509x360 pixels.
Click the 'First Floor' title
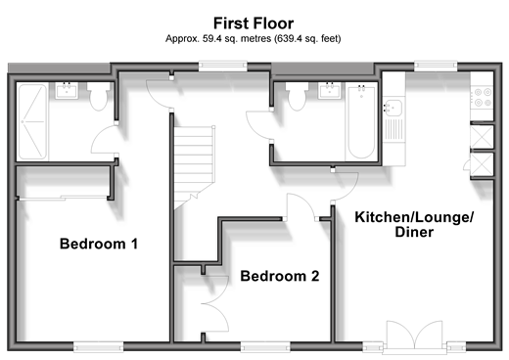tap(254, 23)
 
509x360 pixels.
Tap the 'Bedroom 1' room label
tap(99, 244)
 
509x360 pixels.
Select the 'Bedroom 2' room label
tap(280, 276)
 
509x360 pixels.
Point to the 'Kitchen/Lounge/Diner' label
tap(414, 224)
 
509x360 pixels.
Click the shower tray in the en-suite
tap(32, 121)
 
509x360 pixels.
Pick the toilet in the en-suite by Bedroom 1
tap(98, 96)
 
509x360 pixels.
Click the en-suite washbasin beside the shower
tap(67, 91)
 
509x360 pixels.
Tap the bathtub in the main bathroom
tap(361, 121)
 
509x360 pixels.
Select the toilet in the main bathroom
tap(297, 96)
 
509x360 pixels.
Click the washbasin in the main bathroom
tap(330, 91)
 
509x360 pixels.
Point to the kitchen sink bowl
tap(393, 108)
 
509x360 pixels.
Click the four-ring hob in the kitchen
tap(483, 98)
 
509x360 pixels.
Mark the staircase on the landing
tap(194, 167)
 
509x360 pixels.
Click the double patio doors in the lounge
tap(414, 337)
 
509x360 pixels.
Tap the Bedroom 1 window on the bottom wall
tap(98, 347)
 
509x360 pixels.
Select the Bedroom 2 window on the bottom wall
tap(265, 347)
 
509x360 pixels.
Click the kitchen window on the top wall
tap(436, 67)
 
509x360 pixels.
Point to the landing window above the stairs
tap(223, 67)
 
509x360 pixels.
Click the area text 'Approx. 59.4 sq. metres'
tap(218, 39)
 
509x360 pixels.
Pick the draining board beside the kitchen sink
tap(393, 129)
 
